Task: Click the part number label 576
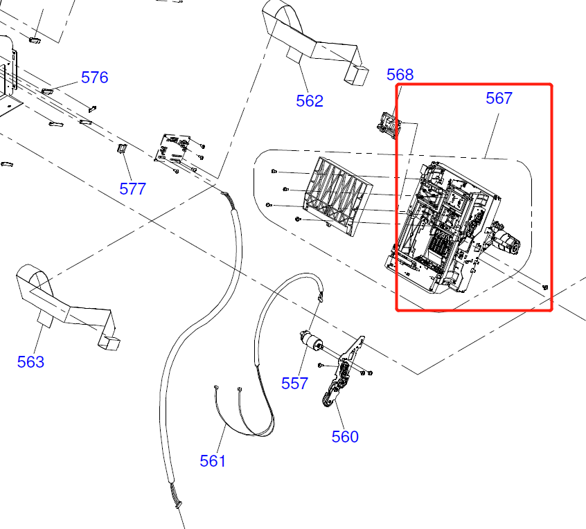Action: click(x=95, y=77)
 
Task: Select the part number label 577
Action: click(x=132, y=188)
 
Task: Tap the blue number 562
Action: click(x=310, y=100)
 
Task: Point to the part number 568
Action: click(x=400, y=75)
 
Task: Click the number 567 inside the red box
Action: click(x=499, y=98)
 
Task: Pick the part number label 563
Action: click(x=30, y=361)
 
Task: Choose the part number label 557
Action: click(x=294, y=383)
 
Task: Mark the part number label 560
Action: click(x=345, y=436)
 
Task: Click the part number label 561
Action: click(x=213, y=460)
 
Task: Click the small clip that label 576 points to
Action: click(x=47, y=90)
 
